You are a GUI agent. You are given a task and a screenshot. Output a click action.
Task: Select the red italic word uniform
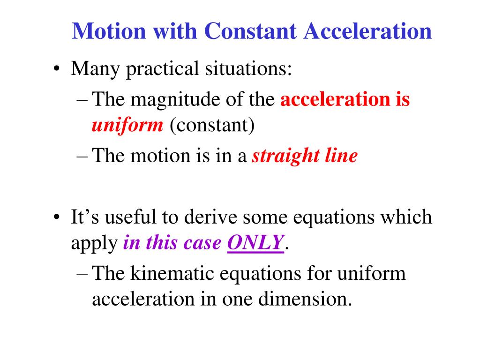(x=127, y=126)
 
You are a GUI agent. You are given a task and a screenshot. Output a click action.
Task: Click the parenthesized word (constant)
(x=211, y=126)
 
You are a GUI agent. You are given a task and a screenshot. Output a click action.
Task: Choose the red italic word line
(x=340, y=156)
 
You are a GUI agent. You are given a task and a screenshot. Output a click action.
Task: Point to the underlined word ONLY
(x=256, y=243)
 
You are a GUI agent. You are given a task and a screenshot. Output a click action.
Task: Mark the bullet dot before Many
(x=56, y=71)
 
